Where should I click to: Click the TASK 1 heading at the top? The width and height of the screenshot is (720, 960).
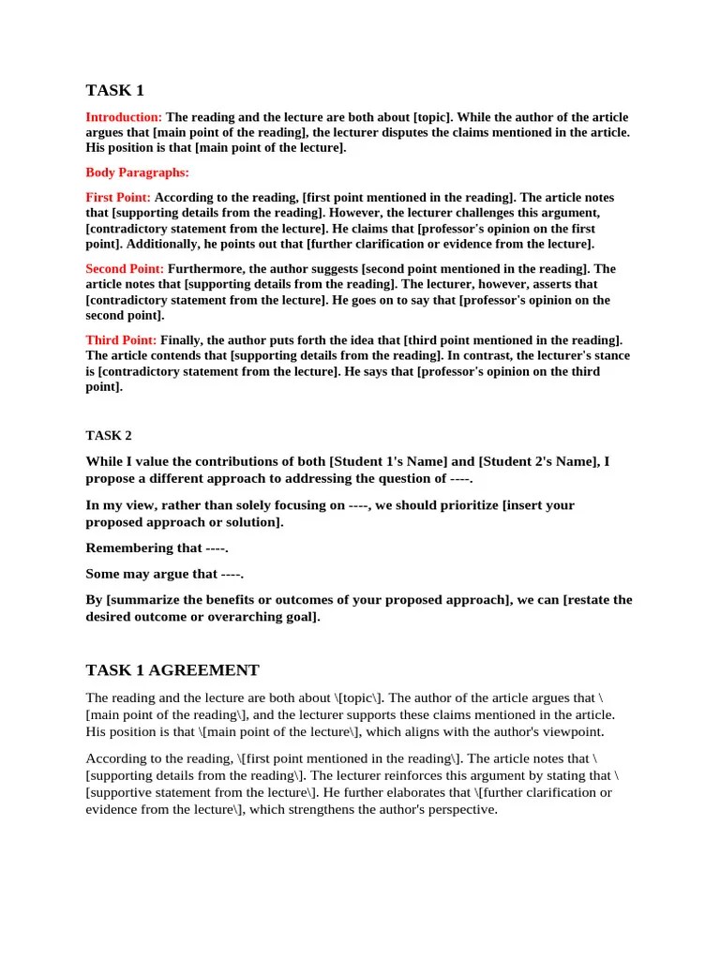[x=115, y=91]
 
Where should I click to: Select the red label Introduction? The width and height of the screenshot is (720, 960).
[x=124, y=117]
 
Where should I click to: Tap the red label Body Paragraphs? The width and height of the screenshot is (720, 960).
[x=137, y=172]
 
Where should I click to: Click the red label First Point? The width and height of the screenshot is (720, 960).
[x=118, y=198]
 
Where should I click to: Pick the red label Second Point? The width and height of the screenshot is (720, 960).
[x=125, y=269]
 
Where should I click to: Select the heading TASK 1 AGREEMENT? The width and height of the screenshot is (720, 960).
[x=172, y=670]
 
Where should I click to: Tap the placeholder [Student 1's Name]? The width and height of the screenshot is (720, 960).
[x=386, y=461]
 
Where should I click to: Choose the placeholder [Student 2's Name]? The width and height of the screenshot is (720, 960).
[x=537, y=461]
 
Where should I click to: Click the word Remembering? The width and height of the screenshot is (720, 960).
[x=130, y=547]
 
